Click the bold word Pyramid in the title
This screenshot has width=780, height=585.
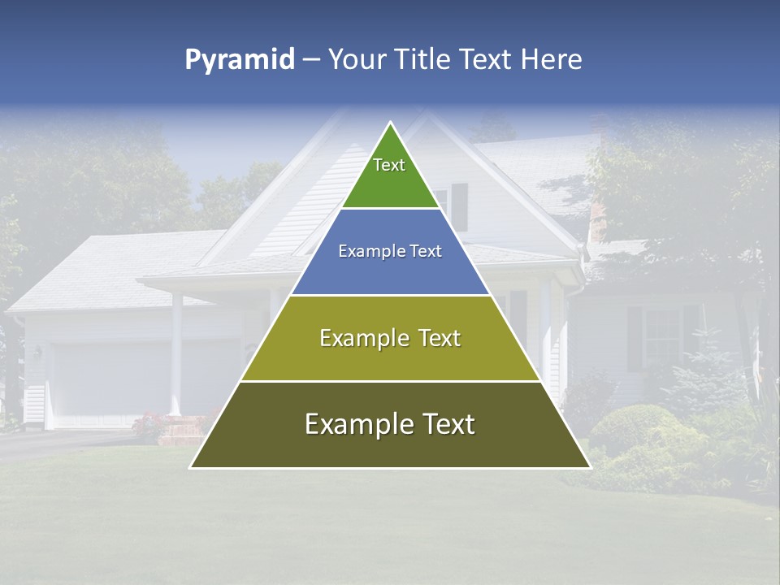click(239, 60)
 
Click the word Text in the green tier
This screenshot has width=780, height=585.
click(389, 165)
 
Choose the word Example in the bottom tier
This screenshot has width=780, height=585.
click(354, 424)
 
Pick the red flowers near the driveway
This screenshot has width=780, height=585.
click(150, 423)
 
